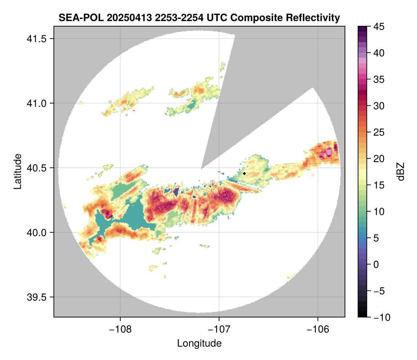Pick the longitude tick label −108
click(x=120, y=329)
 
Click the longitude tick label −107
click(x=219, y=329)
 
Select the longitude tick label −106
click(x=318, y=329)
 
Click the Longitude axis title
click(x=199, y=343)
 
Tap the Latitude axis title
click(x=17, y=171)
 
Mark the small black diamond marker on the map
click(x=245, y=173)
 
